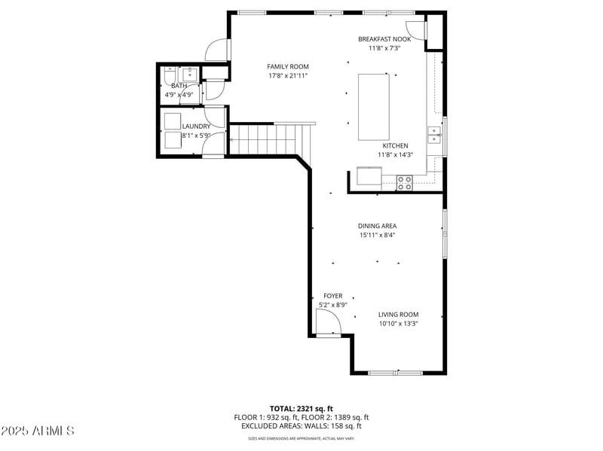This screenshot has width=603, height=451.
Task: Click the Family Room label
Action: (x=288, y=66)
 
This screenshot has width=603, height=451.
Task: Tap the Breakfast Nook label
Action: (x=384, y=38)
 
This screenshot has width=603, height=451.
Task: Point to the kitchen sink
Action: (x=434, y=134)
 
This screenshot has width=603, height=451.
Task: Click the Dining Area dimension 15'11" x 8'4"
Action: (x=377, y=235)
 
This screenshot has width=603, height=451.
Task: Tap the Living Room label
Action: (x=398, y=314)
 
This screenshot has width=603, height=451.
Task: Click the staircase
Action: (x=268, y=139)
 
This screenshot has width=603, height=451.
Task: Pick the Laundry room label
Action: (x=196, y=126)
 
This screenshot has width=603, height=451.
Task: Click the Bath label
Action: (x=179, y=86)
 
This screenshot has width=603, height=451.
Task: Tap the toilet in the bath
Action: (x=169, y=75)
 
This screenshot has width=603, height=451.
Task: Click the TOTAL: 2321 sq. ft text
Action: (x=301, y=408)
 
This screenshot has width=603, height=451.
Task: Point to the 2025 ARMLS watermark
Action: (x=38, y=431)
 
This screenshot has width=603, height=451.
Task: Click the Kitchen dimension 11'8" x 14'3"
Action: (x=395, y=154)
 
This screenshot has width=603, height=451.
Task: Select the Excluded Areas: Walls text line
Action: (x=301, y=425)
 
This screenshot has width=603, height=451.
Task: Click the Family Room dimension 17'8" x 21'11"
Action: (x=288, y=75)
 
